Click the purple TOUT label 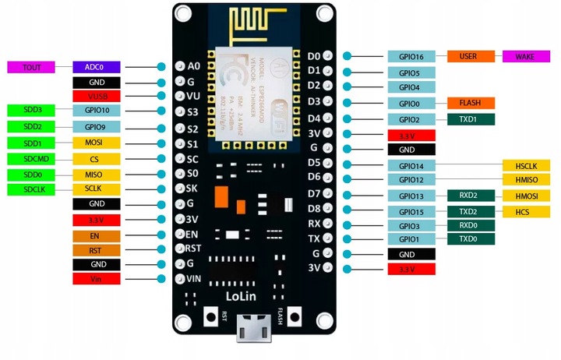click(32, 68)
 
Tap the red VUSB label click(97, 97)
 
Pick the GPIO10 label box click(97, 111)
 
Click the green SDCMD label click(32, 159)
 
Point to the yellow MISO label click(97, 174)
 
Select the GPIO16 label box click(411, 56)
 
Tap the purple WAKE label click(527, 56)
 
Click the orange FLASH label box click(470, 103)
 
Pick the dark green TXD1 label click(470, 119)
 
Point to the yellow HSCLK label click(527, 165)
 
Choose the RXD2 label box click(470, 196)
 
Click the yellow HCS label click(527, 211)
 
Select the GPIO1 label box click(411, 239)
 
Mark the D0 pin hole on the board click(328, 56)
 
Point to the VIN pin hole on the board click(180, 278)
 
